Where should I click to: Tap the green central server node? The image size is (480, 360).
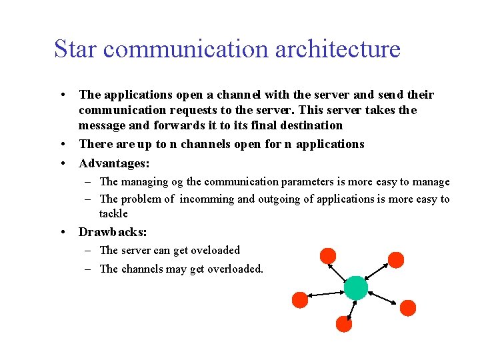355,287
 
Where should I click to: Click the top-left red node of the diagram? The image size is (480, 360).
328,255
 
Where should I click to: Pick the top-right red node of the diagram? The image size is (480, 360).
396,259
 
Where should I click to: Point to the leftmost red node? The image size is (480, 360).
300,300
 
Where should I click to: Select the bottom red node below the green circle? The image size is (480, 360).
343,324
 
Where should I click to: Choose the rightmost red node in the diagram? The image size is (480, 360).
408,307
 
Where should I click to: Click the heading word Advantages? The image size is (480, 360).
113,163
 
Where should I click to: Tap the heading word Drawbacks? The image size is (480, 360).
113,232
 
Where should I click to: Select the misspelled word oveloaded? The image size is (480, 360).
215,250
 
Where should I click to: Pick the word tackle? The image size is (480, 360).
113,213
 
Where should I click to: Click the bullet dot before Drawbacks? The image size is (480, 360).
61,232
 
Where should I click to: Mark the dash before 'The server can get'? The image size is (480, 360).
88,250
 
